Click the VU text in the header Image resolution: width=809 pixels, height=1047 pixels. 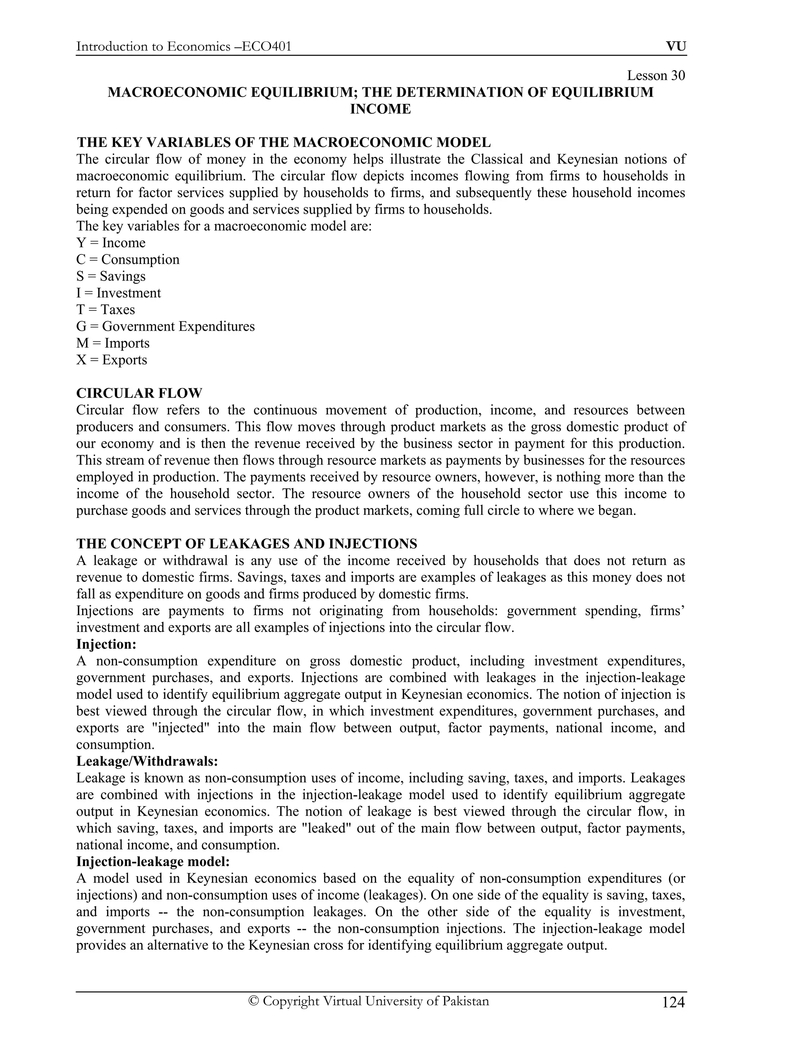tap(676, 47)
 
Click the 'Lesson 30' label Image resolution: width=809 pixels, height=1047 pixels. tap(656, 76)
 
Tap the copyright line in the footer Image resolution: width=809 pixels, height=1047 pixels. tap(369, 1001)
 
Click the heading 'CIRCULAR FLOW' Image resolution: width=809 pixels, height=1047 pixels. tap(139, 393)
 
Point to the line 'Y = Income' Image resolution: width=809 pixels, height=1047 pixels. tap(111, 243)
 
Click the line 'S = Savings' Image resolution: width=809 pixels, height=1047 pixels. tap(111, 276)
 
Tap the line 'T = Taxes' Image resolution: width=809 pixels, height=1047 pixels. tap(105, 310)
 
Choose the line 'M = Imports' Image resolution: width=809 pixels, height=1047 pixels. tap(113, 343)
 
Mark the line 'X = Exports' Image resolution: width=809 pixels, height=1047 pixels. tap(112, 360)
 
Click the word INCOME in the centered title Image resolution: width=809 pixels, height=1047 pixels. tap(380, 109)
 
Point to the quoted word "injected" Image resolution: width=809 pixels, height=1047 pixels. tap(179, 728)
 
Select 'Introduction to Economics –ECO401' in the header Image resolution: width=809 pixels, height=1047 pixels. tap(184, 47)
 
